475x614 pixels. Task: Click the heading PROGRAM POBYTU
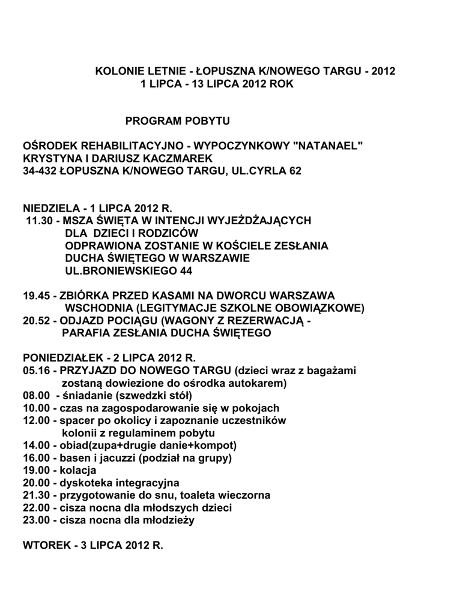pyautogui.click(x=177, y=122)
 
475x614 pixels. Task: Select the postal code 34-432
pyautogui.click(x=40, y=171)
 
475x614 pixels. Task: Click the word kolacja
pyautogui.click(x=79, y=471)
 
